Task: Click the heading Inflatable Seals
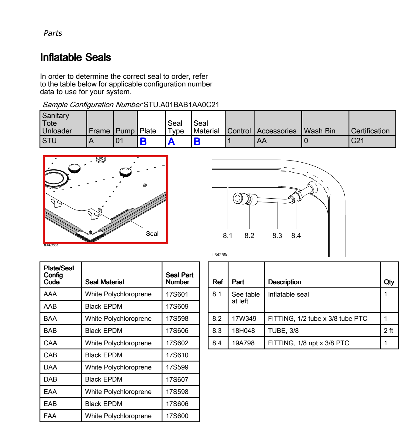point(75,57)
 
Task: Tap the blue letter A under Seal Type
point(171,141)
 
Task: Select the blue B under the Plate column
point(143,141)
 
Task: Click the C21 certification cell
point(357,140)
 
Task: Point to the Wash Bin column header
point(320,131)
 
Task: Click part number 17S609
point(177,306)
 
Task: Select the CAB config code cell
point(50,355)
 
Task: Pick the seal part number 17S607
point(177,379)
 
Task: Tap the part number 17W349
point(244,318)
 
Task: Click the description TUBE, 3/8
point(283,331)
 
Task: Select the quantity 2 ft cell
point(388,331)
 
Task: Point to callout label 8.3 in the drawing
point(277,235)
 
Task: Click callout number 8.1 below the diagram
point(227,235)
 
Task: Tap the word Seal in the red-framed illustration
point(152,234)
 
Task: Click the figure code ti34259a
point(220,255)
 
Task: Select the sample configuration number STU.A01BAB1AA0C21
point(181,105)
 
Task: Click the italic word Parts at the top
point(53,33)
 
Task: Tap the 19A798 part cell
point(243,343)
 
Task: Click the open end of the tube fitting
point(237,198)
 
